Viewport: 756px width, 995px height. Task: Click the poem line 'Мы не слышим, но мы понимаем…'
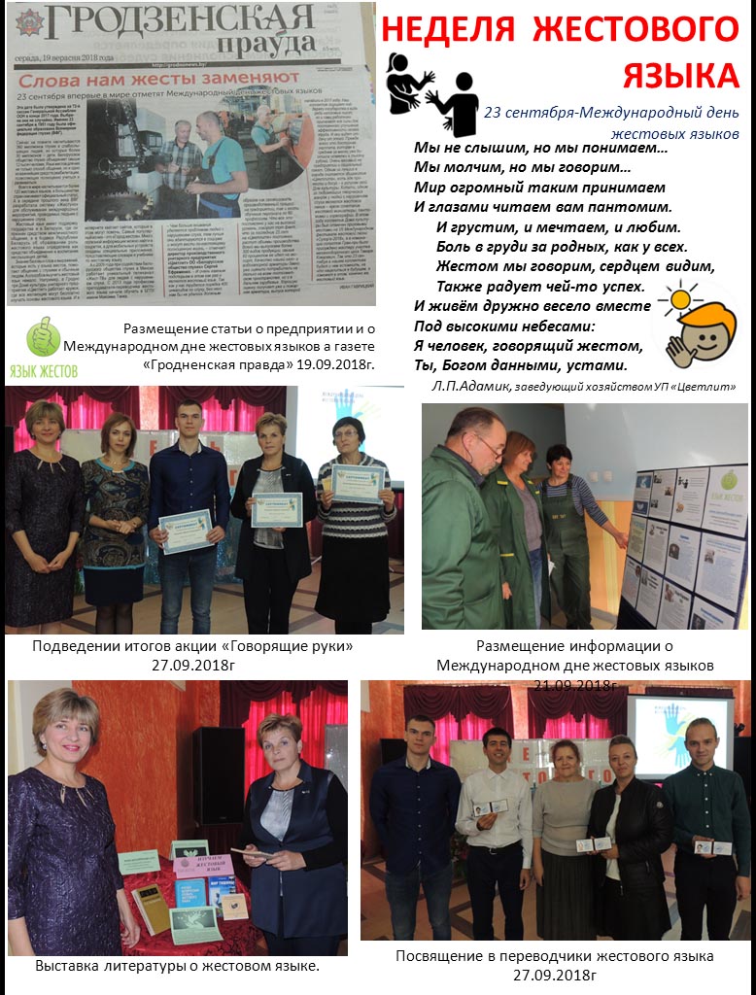coord(540,149)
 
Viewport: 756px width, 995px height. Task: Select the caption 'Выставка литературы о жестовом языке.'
coord(178,966)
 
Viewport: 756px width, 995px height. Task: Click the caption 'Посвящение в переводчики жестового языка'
coord(554,956)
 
